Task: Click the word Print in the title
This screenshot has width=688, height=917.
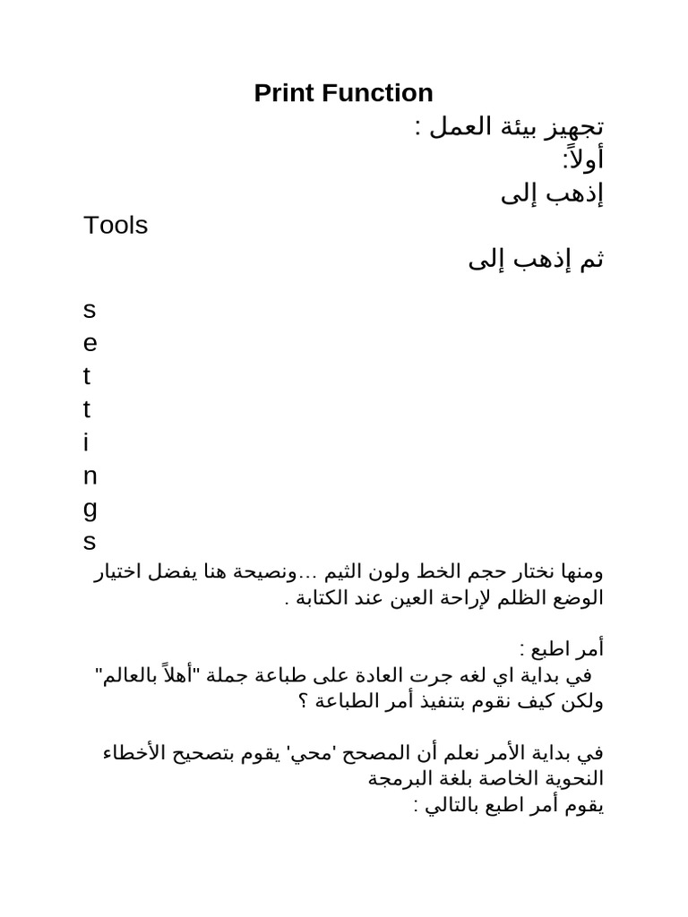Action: point(282,93)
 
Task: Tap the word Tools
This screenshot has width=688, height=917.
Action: point(116,226)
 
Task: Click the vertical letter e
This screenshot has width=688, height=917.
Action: point(89,344)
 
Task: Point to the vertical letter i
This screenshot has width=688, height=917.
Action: point(86,442)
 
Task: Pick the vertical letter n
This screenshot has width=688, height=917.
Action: point(89,476)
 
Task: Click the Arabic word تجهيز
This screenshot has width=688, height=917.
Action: point(573,126)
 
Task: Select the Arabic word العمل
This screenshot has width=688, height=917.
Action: point(458,126)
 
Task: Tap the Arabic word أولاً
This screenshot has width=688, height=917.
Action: point(583,159)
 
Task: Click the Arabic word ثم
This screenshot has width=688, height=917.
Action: point(592,261)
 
